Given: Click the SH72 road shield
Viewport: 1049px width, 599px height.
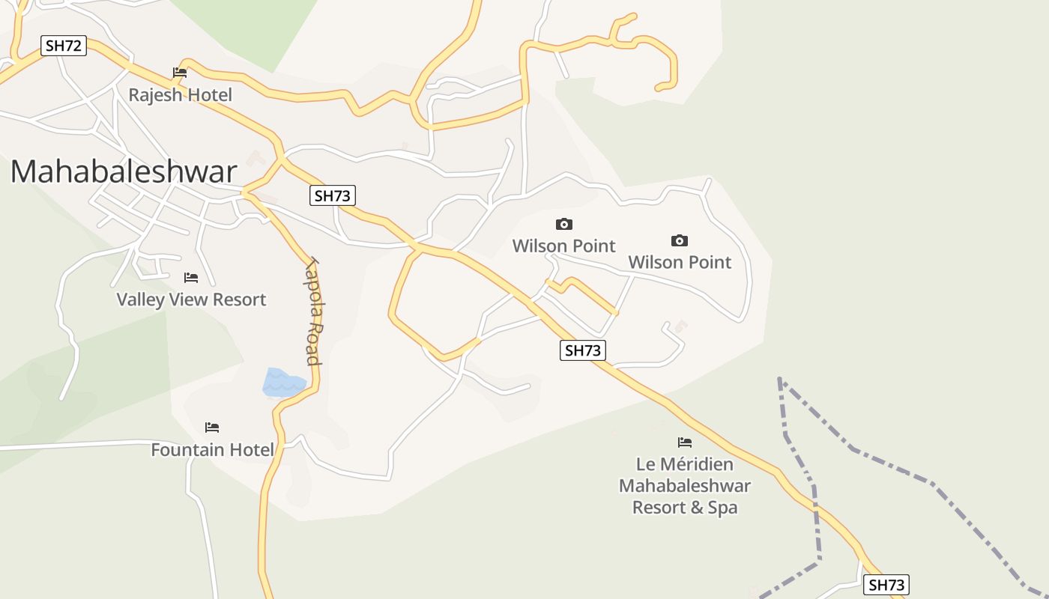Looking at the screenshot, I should point(63,46).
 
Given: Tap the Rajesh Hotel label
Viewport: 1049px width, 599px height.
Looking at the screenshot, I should point(180,95).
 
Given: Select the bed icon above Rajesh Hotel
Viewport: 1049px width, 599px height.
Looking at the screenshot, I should point(180,73).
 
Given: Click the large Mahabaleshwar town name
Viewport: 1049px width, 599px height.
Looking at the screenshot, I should point(124,171).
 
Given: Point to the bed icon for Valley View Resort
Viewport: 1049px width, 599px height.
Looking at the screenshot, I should point(191,278).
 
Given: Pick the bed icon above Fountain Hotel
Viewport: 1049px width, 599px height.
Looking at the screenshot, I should point(212,428).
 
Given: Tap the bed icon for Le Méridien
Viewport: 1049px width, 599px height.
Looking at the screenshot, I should point(685,443).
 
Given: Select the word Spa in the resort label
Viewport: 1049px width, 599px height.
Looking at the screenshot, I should point(723,508).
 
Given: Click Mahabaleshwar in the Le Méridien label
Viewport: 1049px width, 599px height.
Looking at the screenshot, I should point(685,486).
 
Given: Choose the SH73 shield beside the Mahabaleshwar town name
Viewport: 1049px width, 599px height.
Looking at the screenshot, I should point(332,196).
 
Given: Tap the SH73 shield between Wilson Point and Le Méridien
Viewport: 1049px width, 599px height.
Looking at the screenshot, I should point(582,350).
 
